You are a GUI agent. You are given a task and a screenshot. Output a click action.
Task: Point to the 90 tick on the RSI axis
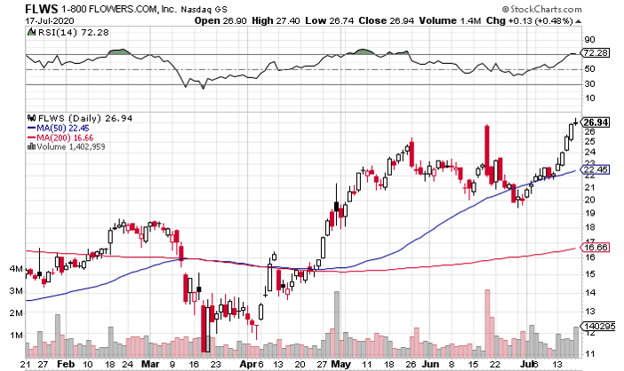pyautogui.click(x=588, y=41)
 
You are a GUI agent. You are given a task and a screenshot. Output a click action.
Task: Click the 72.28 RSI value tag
pyautogui.click(x=594, y=55)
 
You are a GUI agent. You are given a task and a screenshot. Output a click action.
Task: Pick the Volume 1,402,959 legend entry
pyautogui.click(x=71, y=148)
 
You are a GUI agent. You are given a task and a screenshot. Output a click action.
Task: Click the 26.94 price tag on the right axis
pyautogui.click(x=594, y=122)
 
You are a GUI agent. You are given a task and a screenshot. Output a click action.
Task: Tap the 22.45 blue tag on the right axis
pyautogui.click(x=594, y=170)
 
